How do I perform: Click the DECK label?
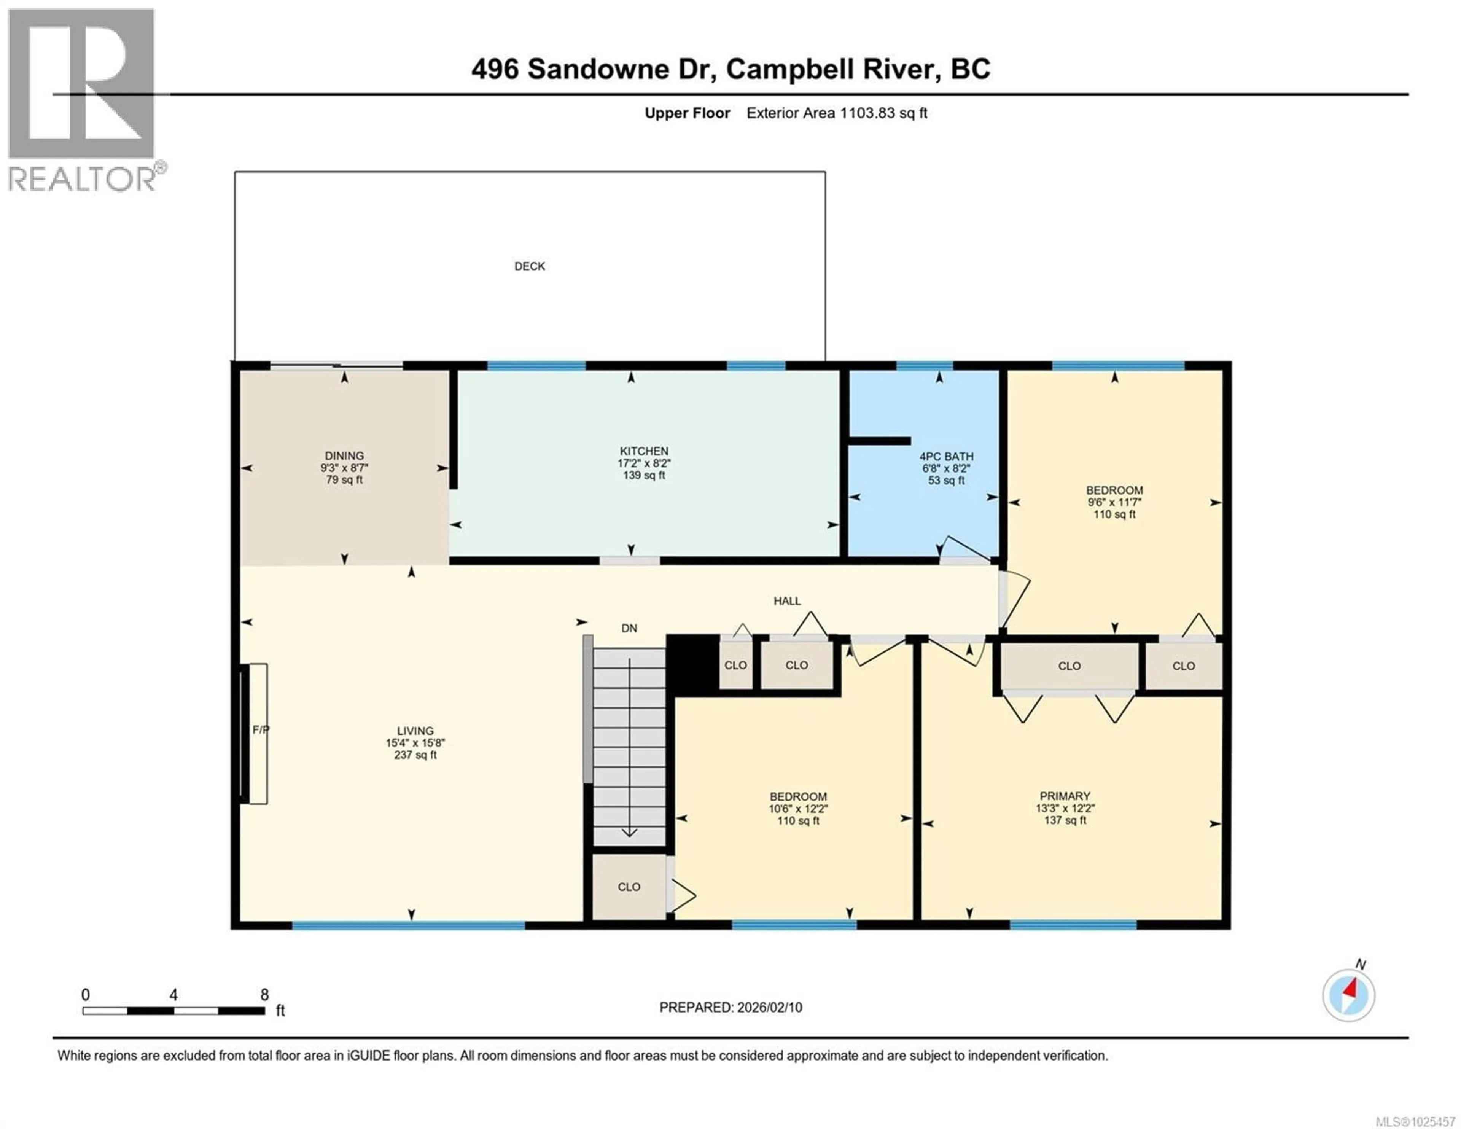click(x=529, y=266)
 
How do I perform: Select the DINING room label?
click(x=344, y=456)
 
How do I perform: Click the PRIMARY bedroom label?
click(x=1064, y=796)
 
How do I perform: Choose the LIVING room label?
click(x=415, y=731)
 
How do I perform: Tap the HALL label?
click(x=787, y=601)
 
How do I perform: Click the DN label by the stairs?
click(x=629, y=628)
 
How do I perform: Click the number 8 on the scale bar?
click(x=264, y=995)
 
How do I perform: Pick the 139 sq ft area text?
click(x=643, y=476)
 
